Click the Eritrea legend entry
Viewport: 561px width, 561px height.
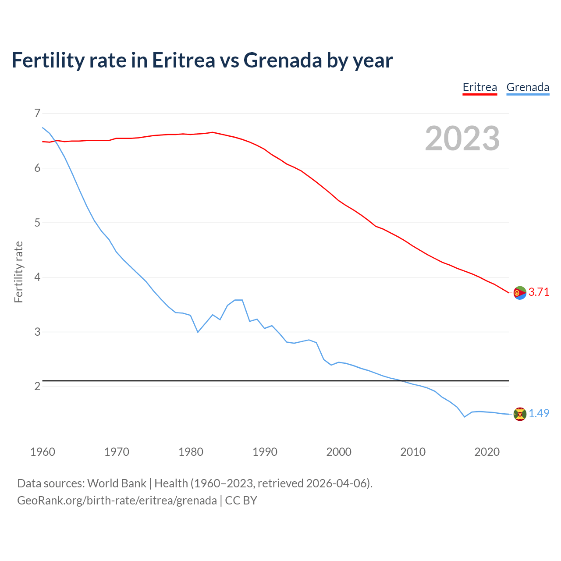point(480,87)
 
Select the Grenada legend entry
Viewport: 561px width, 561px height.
point(528,87)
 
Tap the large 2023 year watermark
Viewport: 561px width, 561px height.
point(462,138)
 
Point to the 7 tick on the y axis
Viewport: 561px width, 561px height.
point(37,114)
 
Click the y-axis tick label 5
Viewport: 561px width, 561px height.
point(37,223)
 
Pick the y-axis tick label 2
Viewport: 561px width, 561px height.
point(37,386)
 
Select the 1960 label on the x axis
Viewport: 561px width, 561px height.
point(43,452)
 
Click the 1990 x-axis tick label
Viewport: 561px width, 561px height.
point(265,452)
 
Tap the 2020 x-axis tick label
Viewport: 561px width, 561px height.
point(487,452)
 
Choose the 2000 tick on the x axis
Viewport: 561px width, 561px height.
point(339,452)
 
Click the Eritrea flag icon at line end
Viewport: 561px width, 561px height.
point(520,292)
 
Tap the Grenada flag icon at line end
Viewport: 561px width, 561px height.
point(520,414)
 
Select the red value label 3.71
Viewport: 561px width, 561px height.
point(539,292)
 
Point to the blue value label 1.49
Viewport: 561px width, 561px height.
point(539,414)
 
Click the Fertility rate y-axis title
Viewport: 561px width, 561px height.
point(18,272)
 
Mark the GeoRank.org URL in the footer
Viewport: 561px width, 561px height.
point(117,501)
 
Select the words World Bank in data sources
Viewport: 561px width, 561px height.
point(117,483)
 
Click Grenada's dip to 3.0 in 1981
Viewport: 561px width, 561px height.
point(198,332)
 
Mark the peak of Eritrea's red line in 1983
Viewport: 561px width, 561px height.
point(213,132)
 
